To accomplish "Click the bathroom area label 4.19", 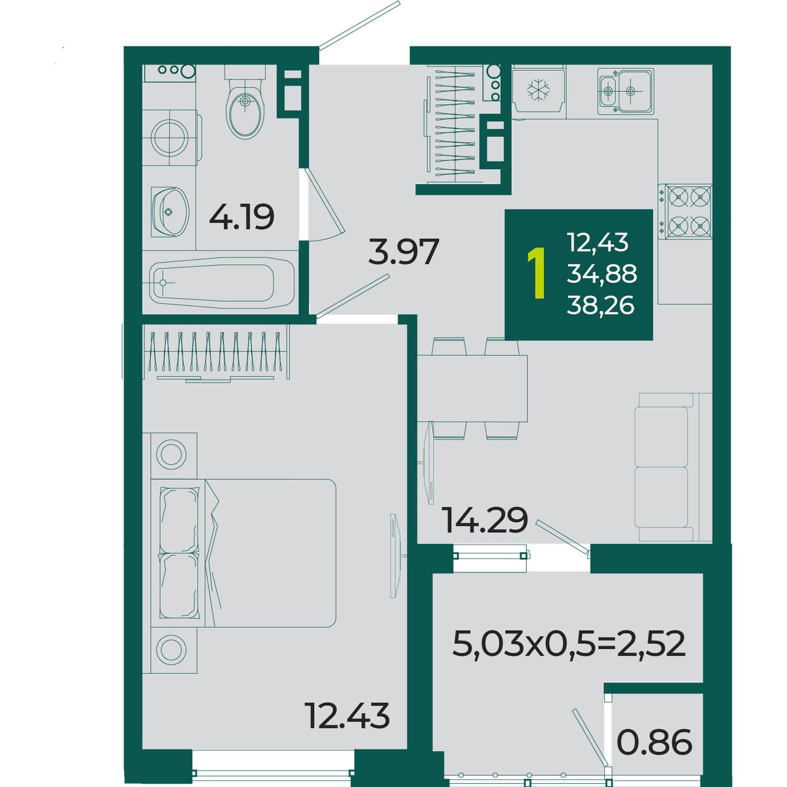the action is click(242, 217).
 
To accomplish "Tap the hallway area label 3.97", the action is click(403, 251).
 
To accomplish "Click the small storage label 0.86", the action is click(654, 742).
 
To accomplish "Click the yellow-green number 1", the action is click(537, 273).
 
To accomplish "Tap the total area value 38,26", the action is click(601, 305).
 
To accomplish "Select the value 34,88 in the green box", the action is click(602, 274).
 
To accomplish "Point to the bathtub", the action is click(222, 283).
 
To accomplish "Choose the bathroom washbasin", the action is click(170, 212).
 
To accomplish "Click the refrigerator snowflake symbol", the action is click(538, 90).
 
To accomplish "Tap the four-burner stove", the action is click(685, 212).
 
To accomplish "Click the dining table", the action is click(472, 389).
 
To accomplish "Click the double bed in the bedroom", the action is click(243, 553).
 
